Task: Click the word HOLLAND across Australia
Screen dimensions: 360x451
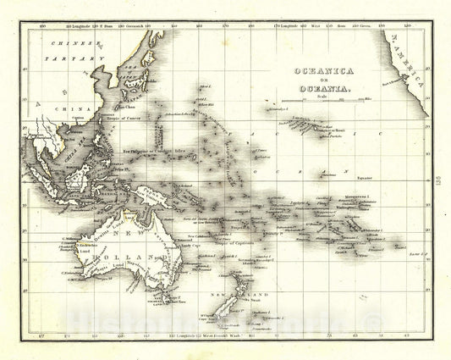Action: pyautogui.click(x=127, y=254)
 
